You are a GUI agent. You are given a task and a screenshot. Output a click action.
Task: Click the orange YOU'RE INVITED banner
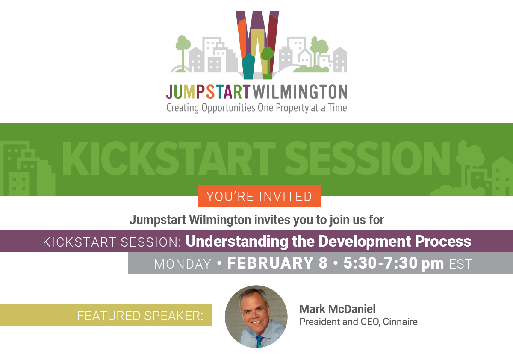(259, 196)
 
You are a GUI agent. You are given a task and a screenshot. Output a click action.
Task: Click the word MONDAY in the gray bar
(183, 264)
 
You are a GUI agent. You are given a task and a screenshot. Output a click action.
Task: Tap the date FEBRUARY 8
(277, 263)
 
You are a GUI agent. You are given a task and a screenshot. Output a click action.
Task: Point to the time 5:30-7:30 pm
(394, 263)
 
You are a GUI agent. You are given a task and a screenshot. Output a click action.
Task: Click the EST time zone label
(461, 264)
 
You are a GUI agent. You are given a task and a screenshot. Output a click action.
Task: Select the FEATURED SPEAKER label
(140, 316)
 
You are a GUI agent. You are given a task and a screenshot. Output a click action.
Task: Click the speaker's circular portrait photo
(256, 316)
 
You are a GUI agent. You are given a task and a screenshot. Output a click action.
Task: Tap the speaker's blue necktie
(259, 341)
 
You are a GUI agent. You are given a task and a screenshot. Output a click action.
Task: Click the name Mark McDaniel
(337, 309)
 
